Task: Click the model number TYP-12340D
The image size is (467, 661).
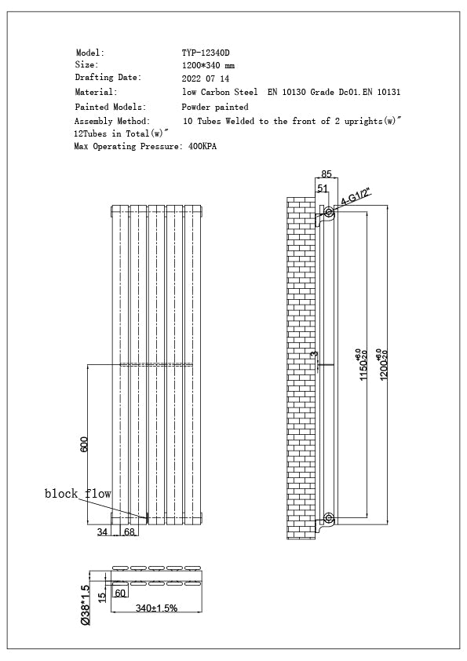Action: tap(206, 53)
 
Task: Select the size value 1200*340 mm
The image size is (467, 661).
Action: tap(208, 66)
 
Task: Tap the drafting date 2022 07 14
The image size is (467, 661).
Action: tap(206, 79)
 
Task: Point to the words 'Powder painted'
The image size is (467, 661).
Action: tap(215, 107)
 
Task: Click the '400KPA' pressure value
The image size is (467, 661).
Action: tap(203, 147)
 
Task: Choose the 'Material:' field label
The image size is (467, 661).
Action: tap(96, 93)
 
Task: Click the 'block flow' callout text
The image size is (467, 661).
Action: tap(78, 494)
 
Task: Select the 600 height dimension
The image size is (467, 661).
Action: tap(84, 444)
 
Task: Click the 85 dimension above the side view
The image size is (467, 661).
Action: tap(327, 174)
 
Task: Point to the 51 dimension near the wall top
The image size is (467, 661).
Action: tap(323, 188)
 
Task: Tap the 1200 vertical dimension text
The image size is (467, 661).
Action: tap(385, 364)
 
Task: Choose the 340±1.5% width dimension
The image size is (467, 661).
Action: tap(156, 608)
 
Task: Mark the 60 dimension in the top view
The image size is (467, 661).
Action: tap(121, 593)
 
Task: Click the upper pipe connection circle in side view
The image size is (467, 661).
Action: tap(329, 212)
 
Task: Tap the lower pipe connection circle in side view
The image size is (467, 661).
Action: tap(329, 518)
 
